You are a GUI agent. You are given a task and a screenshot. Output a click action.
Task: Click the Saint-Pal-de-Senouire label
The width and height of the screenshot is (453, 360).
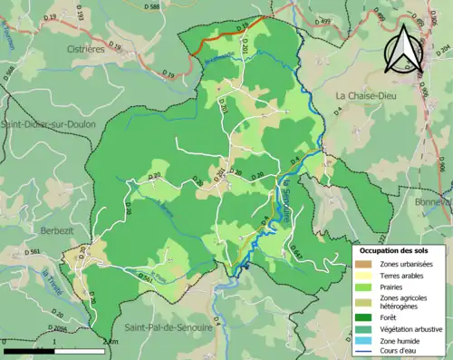click(x=169, y=326)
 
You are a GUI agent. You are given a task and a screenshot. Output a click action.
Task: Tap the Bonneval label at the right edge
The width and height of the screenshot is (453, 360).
click(x=437, y=203)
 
